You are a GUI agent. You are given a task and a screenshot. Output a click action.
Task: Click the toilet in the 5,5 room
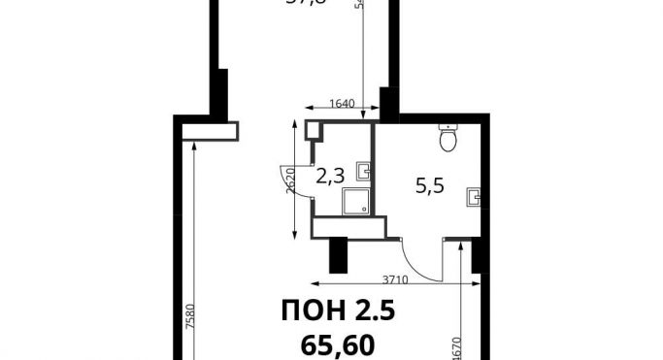(x=448, y=142)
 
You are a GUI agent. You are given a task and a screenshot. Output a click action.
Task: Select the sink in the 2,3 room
(x=362, y=172)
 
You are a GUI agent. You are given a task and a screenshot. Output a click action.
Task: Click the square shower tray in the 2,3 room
(x=354, y=201)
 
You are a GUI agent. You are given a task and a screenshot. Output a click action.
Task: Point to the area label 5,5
(x=429, y=187)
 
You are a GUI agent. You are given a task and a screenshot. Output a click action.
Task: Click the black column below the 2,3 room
(x=339, y=254)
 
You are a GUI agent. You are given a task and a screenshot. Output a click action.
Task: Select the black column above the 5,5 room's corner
(x=388, y=103)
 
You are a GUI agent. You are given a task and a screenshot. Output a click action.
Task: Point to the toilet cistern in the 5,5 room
(x=448, y=127)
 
